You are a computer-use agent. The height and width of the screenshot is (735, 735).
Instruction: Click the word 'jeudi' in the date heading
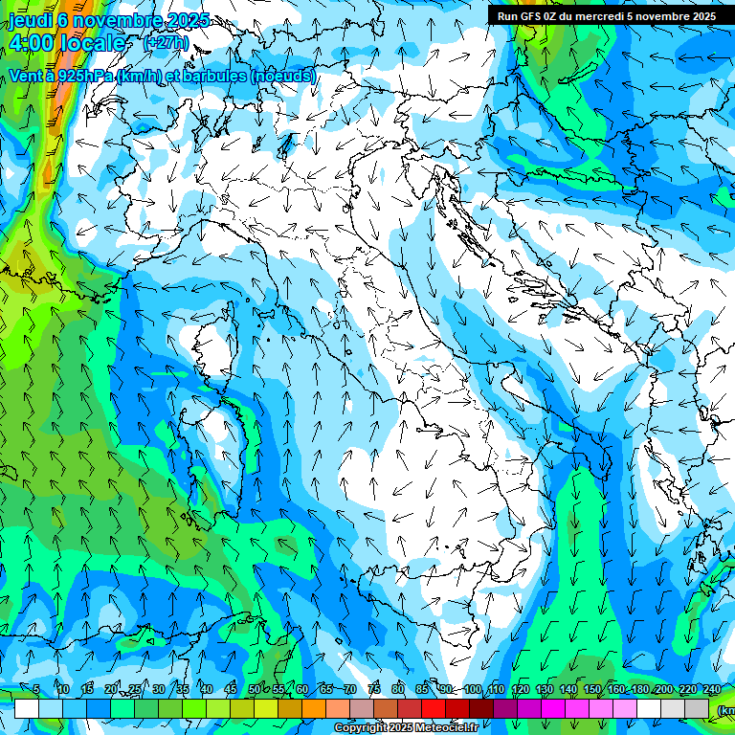pyautogui.click(x=29, y=20)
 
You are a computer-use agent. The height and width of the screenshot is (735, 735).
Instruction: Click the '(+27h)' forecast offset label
pyautogui.click(x=166, y=43)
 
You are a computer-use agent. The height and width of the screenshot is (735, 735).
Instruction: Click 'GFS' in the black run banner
pyautogui.click(x=533, y=15)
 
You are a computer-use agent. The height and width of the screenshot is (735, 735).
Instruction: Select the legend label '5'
pyautogui.click(x=35, y=690)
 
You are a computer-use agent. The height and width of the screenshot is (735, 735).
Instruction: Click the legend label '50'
pyautogui.click(x=254, y=690)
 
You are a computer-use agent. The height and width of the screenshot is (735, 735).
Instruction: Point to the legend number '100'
pyautogui.click(x=472, y=690)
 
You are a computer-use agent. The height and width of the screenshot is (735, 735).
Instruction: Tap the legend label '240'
pyautogui.click(x=712, y=690)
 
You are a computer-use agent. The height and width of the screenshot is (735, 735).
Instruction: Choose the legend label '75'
pyautogui.click(x=374, y=690)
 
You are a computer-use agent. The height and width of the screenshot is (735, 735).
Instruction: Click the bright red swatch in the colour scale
pyautogui.click(x=434, y=708)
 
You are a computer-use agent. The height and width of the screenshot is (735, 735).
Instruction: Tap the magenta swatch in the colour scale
pyautogui.click(x=553, y=708)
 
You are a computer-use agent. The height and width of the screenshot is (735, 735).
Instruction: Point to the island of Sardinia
pyautogui.click(x=212, y=450)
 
